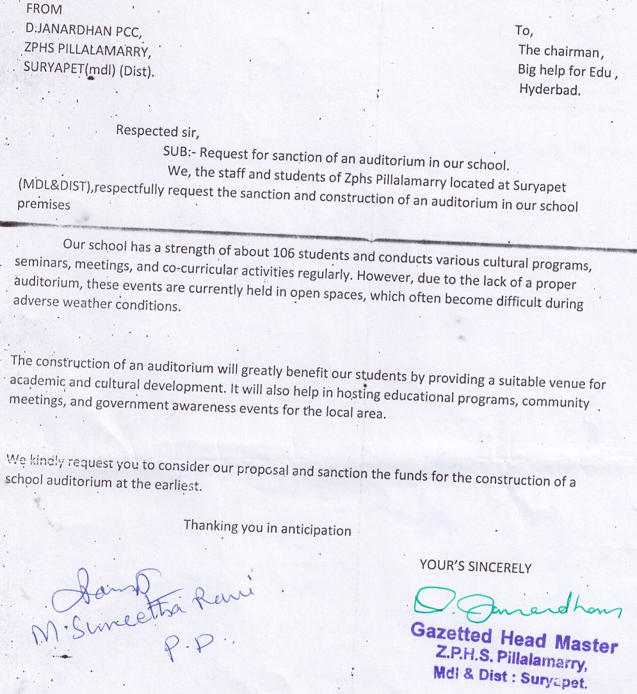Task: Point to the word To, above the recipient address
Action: (524, 31)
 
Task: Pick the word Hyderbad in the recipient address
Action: (550, 90)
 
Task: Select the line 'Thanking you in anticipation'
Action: (267, 529)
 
